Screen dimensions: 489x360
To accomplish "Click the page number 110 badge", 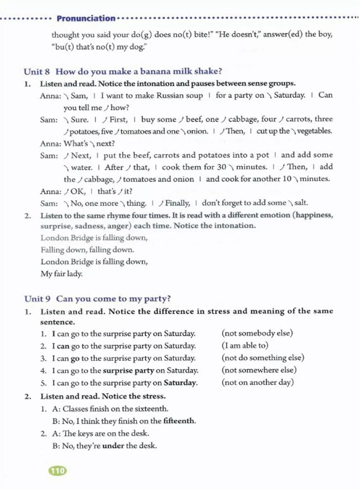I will (x=58, y=471).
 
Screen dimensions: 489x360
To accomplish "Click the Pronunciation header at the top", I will (x=86, y=18).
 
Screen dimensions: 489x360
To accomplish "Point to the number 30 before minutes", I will (x=221, y=167).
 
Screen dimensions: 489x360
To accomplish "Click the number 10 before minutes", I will (x=287, y=179).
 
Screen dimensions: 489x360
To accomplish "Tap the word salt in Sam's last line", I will (x=301, y=203).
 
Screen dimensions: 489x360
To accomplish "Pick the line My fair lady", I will (x=62, y=274).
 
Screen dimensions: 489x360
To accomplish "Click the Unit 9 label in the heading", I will (x=37, y=299).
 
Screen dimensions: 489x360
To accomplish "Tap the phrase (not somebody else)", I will (x=257, y=333).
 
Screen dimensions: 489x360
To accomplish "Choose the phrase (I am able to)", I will (x=245, y=345).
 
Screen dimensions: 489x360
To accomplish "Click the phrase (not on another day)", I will (x=257, y=382).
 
